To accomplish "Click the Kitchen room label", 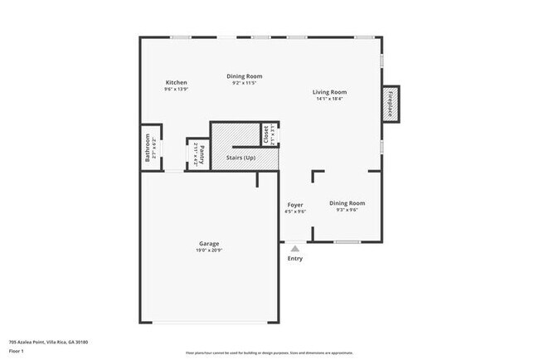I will point(176,83).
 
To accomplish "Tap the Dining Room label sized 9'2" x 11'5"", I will point(245,76).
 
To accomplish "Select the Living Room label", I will point(329,92).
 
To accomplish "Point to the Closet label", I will point(265,134).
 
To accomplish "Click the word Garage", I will point(209,243).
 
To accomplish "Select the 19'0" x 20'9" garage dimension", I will point(209,251).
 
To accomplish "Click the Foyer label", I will point(295,204).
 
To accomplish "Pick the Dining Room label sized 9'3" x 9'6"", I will point(347,202).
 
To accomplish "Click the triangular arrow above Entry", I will point(294,247).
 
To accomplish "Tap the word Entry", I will point(295,258).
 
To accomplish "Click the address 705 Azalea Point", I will point(48,342).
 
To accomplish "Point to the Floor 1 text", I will point(17,350).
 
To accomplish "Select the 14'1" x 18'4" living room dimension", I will point(329,99).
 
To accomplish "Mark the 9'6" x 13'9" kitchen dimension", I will point(176,90).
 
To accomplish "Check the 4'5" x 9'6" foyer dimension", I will point(295,212).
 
